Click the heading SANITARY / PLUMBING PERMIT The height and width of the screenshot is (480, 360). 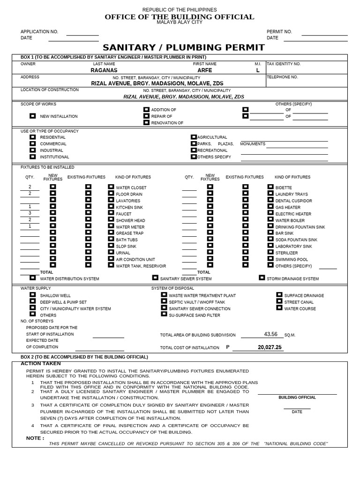pyautogui.click(x=184, y=47)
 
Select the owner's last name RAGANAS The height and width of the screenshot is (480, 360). pyautogui.click(x=104, y=70)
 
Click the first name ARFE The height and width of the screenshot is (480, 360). pyautogui.click(x=204, y=70)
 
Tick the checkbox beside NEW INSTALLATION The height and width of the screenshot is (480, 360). pyautogui.click(x=32, y=115)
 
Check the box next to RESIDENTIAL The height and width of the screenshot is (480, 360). pyautogui.click(x=32, y=137)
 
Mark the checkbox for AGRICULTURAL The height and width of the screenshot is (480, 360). pyautogui.click(x=194, y=137)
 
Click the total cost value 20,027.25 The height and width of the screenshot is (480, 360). pyautogui.click(x=270, y=347)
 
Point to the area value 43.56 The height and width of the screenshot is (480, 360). pyautogui.click(x=270, y=334)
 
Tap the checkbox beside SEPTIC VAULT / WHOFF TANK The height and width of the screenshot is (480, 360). pyautogui.click(x=164, y=302)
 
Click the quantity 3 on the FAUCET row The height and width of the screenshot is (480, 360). pyautogui.click(x=30, y=213)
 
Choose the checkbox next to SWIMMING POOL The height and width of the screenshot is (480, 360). pyautogui.click(x=270, y=259)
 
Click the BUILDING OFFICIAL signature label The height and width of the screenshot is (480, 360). pyautogui.click(x=297, y=397)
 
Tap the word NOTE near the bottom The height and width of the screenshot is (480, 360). pyautogui.click(x=35, y=438)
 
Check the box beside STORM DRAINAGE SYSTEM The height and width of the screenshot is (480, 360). pyautogui.click(x=262, y=278)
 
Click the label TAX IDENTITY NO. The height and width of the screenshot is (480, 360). pyautogui.click(x=284, y=64)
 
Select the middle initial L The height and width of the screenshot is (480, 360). pyautogui.click(x=257, y=70)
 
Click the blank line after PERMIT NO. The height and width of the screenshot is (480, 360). pyautogui.click(x=324, y=34)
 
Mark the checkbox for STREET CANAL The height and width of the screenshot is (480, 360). pyautogui.click(x=279, y=302)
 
